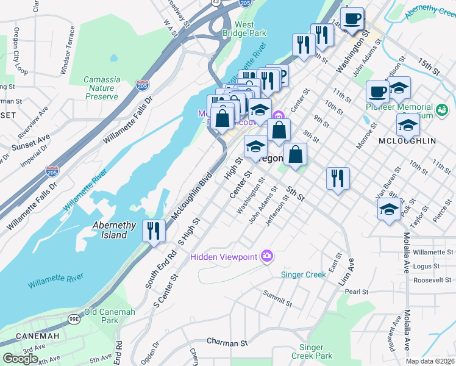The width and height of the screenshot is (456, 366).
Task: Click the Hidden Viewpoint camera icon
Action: (266, 256)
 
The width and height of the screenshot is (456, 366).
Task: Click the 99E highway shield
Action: (74, 318)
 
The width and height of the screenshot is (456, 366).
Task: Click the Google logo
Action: (20, 358)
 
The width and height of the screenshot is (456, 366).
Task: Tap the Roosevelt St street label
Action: (430, 279)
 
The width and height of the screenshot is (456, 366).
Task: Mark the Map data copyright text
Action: (430, 361)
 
